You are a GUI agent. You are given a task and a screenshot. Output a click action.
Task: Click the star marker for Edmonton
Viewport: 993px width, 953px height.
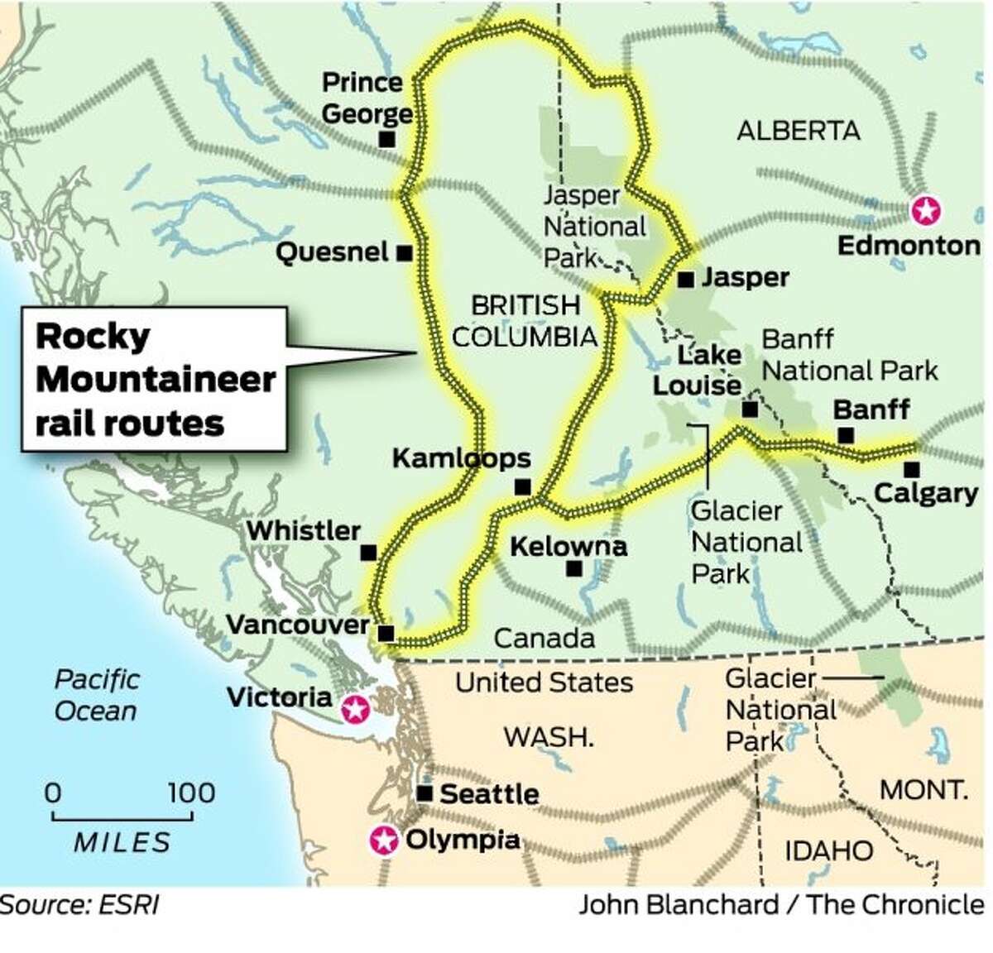click(x=925, y=210)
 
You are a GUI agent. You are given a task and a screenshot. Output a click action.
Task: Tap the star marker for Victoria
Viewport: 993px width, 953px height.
click(x=355, y=708)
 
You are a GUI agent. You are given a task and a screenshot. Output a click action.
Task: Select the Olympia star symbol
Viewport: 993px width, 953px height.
click(x=383, y=840)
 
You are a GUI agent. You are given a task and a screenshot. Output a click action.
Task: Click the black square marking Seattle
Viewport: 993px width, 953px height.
click(x=425, y=793)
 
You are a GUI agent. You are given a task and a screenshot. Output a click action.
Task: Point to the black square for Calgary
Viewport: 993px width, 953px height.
click(x=911, y=469)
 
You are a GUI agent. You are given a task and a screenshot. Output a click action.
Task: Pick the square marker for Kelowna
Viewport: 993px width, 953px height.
click(x=572, y=569)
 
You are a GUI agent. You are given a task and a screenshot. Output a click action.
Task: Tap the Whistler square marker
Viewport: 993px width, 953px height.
click(x=368, y=553)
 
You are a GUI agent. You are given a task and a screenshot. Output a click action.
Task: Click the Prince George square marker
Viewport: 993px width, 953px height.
click(x=386, y=139)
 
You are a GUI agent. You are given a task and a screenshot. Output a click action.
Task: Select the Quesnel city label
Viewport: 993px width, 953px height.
click(x=331, y=252)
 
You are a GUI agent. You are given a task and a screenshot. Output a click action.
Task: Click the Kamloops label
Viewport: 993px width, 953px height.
click(x=461, y=457)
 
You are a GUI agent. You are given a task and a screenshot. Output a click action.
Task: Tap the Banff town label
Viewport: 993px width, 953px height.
click(x=871, y=409)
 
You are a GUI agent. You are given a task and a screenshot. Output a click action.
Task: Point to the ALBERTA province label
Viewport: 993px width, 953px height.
click(x=798, y=131)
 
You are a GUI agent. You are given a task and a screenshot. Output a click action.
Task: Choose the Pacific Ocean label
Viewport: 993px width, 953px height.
click(x=95, y=695)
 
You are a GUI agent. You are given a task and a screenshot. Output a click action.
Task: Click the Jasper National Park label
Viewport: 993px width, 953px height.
click(x=593, y=226)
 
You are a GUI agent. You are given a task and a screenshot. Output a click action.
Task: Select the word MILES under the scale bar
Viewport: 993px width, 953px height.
click(x=122, y=842)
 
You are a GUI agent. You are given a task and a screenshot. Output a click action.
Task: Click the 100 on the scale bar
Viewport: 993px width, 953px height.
click(x=190, y=793)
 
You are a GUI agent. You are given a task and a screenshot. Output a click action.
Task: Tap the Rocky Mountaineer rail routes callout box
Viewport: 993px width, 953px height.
click(x=154, y=379)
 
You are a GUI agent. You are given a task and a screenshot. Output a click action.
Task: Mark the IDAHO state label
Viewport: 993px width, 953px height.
click(x=827, y=850)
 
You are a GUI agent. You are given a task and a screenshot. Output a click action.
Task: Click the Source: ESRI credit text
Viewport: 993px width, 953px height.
click(x=80, y=904)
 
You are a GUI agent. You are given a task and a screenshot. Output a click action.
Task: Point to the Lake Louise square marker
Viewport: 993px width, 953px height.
click(x=750, y=409)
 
